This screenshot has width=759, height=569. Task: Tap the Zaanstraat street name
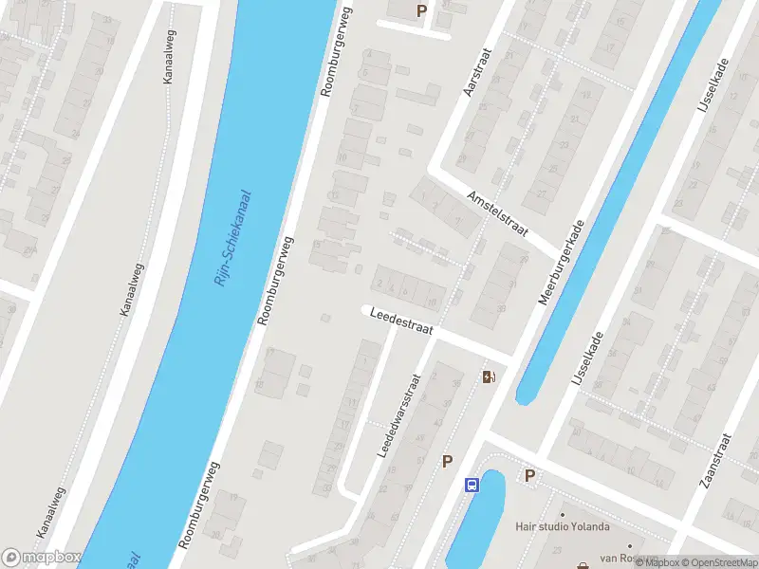(x=715, y=461)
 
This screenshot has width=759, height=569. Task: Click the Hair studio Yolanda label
(x=562, y=527)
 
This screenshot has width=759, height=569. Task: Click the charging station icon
(x=489, y=377)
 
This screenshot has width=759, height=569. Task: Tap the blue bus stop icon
(x=472, y=486)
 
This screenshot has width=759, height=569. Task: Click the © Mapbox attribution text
(x=659, y=562)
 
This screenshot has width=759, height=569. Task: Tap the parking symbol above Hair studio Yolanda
(x=530, y=475)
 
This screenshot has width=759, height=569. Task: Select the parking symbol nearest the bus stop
(x=447, y=461)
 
